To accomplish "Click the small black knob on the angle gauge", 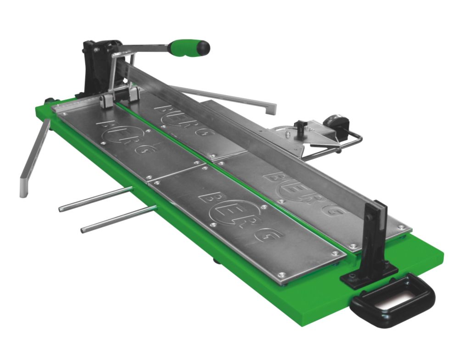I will click(301, 125).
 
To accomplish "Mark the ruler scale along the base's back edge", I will click(76, 104).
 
